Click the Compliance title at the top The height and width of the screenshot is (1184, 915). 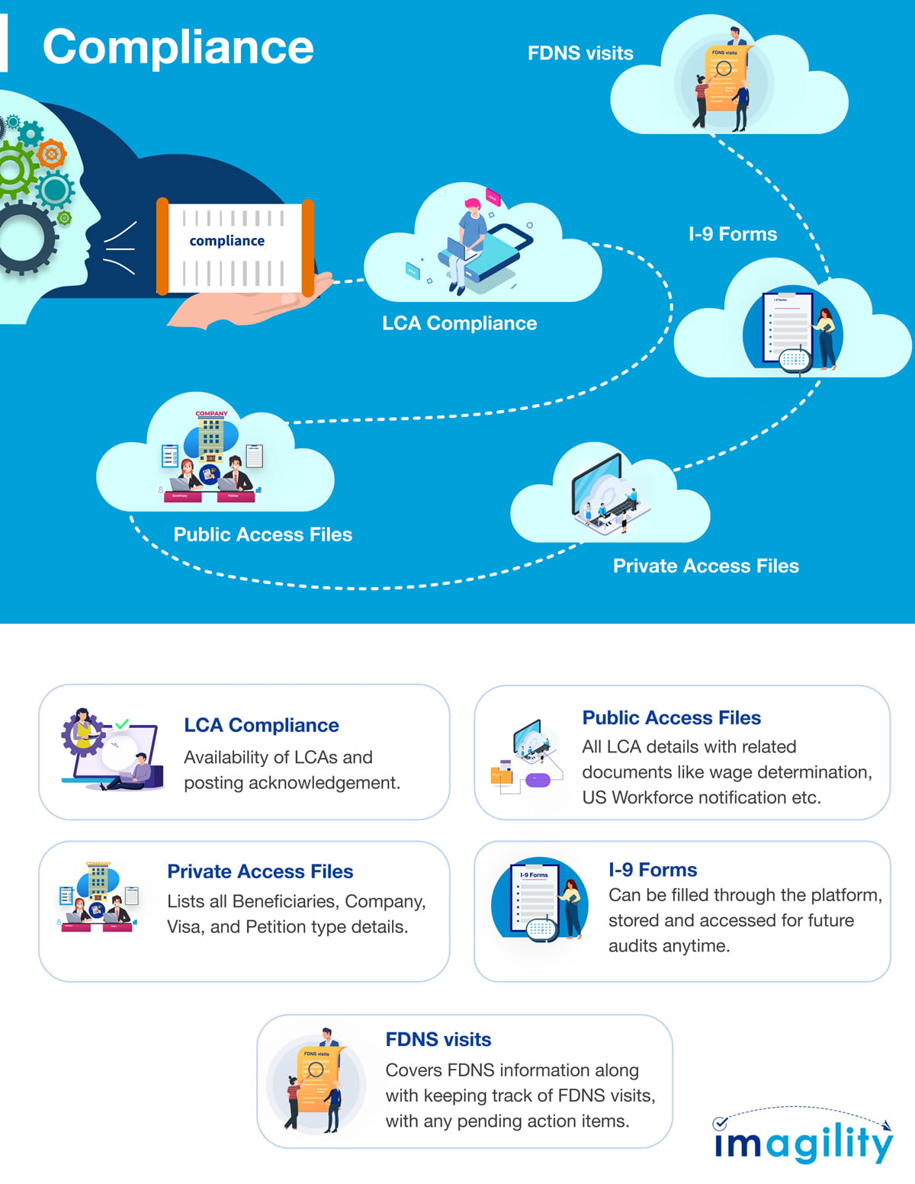[178, 47]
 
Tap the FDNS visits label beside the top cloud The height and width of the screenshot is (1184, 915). [580, 53]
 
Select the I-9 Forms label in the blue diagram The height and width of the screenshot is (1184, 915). [732, 234]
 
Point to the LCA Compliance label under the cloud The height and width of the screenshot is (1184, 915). [459, 323]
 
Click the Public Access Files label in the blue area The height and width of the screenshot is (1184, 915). [262, 534]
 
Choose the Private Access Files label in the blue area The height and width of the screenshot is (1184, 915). [705, 566]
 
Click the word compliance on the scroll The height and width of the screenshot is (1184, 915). [226, 241]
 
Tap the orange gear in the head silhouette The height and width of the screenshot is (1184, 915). [51, 155]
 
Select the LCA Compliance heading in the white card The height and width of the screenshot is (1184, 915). [261, 725]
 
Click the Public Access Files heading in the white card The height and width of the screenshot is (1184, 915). [671, 717]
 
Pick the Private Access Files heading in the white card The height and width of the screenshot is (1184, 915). [260, 871]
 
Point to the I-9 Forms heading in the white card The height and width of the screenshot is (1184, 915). [652, 870]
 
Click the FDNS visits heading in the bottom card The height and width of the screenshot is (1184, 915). [438, 1039]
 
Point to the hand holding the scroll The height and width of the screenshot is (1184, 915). [252, 301]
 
